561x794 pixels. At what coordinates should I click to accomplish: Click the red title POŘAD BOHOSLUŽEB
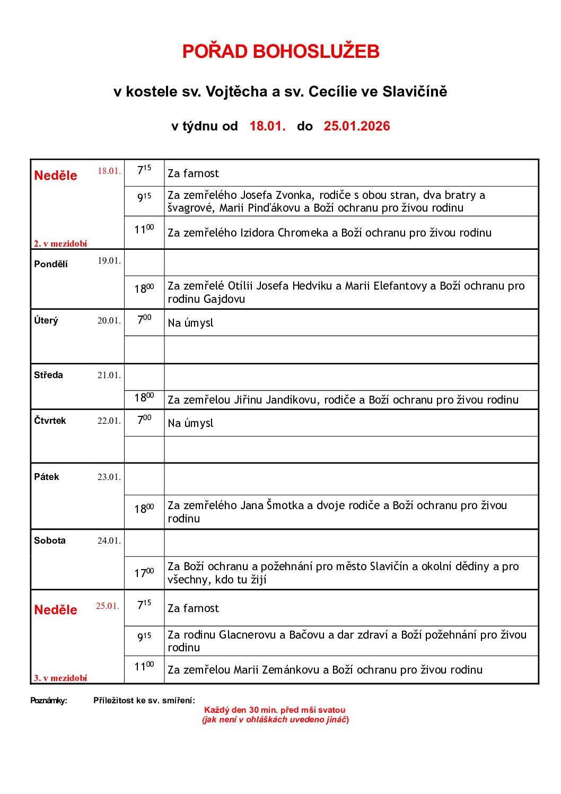pos(280,51)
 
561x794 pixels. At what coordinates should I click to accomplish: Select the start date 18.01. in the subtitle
pos(267,126)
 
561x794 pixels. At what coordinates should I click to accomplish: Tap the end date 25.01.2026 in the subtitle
pos(357,126)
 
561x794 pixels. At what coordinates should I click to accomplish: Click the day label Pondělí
pos(51,264)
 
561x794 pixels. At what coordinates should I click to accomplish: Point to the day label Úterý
pos(46,321)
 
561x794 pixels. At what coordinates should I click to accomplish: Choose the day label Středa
pos(48,375)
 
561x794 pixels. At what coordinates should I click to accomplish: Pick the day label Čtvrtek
pos(50,421)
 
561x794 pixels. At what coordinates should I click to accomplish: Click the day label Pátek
pos(47,477)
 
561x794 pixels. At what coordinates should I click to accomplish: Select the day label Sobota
pos(50,540)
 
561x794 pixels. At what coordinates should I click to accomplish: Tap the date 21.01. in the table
pos(109,376)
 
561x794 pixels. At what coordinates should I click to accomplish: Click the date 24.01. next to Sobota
pos(109,541)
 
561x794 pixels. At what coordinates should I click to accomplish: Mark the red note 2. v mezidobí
pos(60,244)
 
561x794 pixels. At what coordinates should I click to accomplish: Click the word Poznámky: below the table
pos(49,701)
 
